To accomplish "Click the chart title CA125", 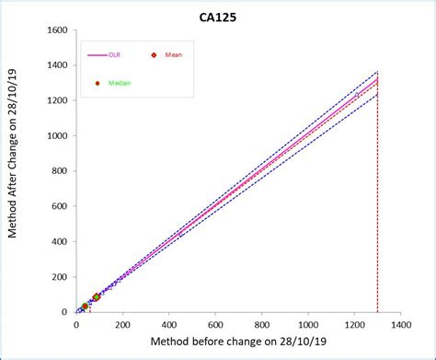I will pyautogui.click(x=224, y=16).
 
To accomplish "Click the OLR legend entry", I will pyautogui.click(x=114, y=55).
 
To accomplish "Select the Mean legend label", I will pyautogui.click(x=174, y=55).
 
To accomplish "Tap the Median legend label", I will pyautogui.click(x=120, y=83).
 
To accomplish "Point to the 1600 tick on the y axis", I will pyautogui.click(x=56, y=30).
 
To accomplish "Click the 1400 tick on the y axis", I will pyautogui.click(x=56, y=65).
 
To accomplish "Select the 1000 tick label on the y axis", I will pyautogui.click(x=56, y=135).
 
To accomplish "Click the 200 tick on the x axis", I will pyautogui.click(x=122, y=324).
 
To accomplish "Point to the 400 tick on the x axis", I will pyautogui.click(x=168, y=324).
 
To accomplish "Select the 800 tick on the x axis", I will pyautogui.click(x=261, y=324).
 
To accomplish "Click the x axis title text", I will pyautogui.click(x=237, y=343).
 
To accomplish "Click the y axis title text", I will pyautogui.click(x=14, y=170).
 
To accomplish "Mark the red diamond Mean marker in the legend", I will pyautogui.click(x=155, y=55).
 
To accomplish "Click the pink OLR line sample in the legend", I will pyautogui.click(x=97, y=55).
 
